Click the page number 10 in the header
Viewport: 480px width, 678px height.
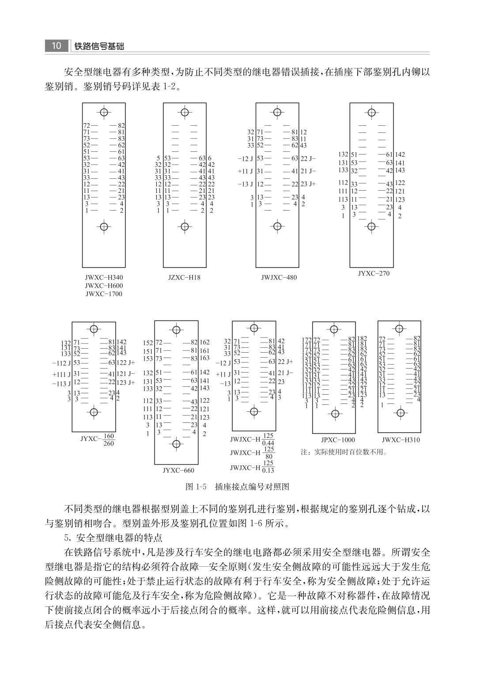[x=56, y=46]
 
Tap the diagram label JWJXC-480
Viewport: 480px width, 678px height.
[x=279, y=278]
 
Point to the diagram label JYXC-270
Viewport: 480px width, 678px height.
[x=374, y=273]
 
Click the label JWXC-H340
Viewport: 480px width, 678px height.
[x=104, y=278]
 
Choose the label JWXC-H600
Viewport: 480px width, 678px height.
[x=104, y=286]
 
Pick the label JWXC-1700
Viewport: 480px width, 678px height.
[x=104, y=294]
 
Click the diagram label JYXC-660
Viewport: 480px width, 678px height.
[x=178, y=471]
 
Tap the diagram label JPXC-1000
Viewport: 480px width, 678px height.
[x=338, y=440]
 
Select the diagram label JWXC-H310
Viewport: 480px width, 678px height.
[x=401, y=440]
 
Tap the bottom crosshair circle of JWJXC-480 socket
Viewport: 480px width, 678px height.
[x=277, y=227]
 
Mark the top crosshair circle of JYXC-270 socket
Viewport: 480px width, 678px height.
[x=372, y=112]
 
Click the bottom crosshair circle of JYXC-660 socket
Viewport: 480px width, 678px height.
[x=177, y=444]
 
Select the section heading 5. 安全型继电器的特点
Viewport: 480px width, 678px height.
[x=113, y=538]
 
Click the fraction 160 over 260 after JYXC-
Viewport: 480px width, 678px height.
[x=109, y=440]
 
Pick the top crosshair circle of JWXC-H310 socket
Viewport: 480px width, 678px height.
[x=400, y=328]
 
